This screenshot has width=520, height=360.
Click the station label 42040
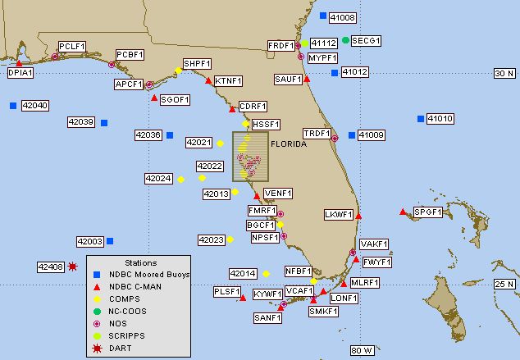click(x=35, y=106)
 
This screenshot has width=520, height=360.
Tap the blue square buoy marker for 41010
click(x=421, y=119)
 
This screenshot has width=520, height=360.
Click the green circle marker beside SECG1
click(x=345, y=40)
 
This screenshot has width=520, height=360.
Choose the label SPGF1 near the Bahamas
click(x=427, y=212)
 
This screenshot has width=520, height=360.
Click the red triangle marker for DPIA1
click(x=19, y=62)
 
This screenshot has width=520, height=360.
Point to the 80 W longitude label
click(x=362, y=350)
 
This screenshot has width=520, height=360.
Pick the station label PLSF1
click(x=226, y=291)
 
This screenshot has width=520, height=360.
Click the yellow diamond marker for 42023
click(x=230, y=239)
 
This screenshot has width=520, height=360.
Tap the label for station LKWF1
click(x=339, y=215)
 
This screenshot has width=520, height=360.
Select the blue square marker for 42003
click(x=110, y=241)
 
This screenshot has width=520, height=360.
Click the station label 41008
click(x=342, y=16)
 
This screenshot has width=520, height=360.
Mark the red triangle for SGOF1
click(x=155, y=98)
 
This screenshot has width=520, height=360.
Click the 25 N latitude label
click(x=504, y=284)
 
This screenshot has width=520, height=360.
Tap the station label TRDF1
click(x=317, y=133)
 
